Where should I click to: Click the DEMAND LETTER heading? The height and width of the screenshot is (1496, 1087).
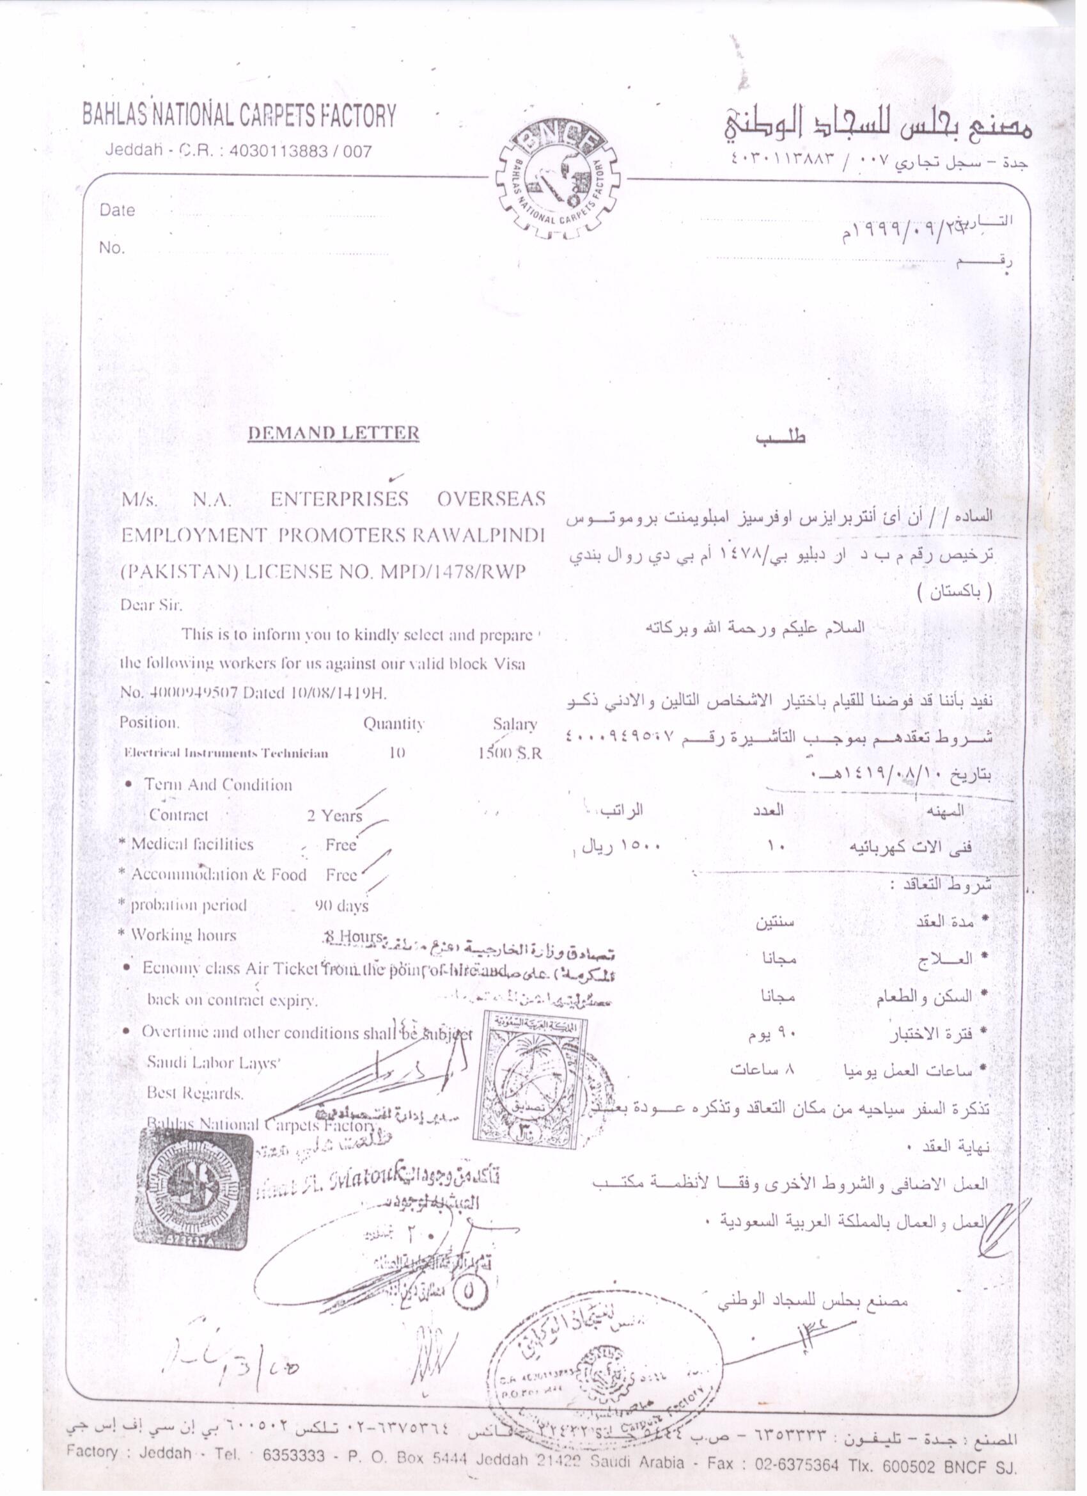click(x=333, y=433)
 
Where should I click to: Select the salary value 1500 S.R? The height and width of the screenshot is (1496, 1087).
click(x=510, y=753)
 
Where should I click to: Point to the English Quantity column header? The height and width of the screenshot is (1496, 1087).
click(x=393, y=724)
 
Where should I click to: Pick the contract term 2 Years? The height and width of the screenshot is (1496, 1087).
click(x=334, y=816)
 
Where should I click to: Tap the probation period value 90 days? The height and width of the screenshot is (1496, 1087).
click(x=341, y=905)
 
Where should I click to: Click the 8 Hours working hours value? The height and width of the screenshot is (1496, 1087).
click(x=352, y=936)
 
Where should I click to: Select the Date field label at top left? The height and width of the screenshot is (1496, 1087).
click(x=118, y=211)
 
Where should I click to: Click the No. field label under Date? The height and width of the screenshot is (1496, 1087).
click(x=111, y=248)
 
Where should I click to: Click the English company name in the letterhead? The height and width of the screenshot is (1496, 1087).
click(x=239, y=116)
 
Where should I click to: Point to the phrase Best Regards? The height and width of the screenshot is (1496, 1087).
click(x=195, y=1093)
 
